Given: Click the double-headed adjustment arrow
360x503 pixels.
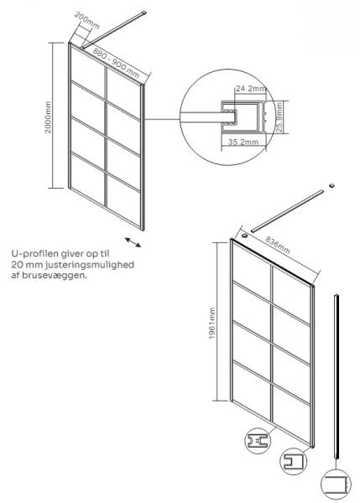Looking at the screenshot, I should (132, 242).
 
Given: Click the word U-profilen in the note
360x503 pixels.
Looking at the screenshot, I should (33, 255).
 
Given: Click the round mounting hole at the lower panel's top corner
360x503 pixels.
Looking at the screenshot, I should (243, 236).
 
